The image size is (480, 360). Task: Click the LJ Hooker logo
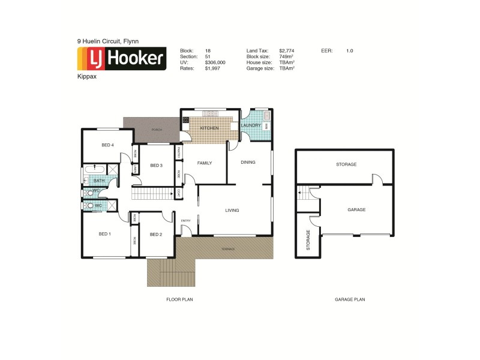[122, 59]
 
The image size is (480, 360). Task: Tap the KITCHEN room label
[208, 129]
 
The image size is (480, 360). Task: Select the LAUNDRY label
[251, 125]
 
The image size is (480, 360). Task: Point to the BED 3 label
[156, 166]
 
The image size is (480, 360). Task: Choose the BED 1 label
[104, 234]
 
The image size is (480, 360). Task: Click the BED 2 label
[156, 234]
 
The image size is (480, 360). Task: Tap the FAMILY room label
[205, 163]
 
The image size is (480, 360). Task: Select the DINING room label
[248, 163]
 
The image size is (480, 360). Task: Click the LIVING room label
[232, 211]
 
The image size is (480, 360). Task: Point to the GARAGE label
[356, 210]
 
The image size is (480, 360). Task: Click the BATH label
[99, 181]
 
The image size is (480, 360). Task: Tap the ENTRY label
[185, 221]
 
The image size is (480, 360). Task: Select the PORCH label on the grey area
[157, 130]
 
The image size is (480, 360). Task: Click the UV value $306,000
[215, 62]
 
